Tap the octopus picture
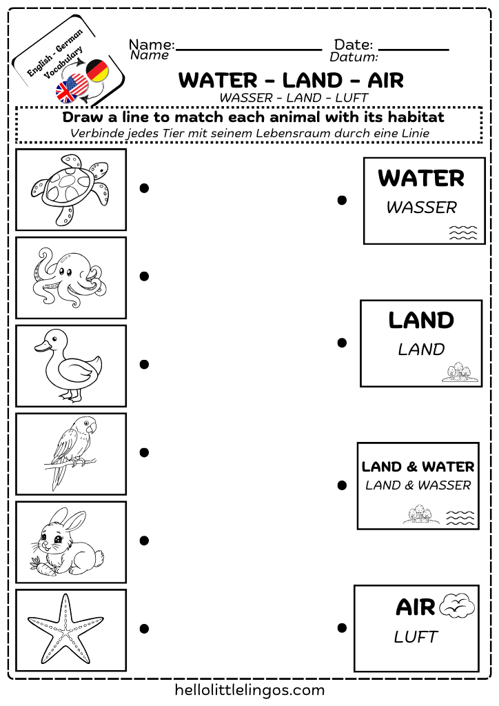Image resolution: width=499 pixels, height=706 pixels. point(69,277)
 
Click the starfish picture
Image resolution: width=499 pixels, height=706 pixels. point(69,629)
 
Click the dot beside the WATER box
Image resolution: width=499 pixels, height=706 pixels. point(342,200)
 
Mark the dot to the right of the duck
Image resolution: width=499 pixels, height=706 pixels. point(144,364)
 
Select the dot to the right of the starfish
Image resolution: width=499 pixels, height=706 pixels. point(144,628)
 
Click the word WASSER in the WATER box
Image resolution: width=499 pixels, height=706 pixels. point(422,208)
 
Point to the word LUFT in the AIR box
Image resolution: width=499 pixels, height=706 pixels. point(416,637)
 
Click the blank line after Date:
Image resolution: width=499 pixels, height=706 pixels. point(414,50)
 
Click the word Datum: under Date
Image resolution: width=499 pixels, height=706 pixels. point(354,57)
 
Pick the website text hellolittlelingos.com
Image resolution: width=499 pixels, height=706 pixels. point(250,689)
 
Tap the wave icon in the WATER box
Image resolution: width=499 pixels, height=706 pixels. point(462,232)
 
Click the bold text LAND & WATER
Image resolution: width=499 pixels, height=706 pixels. point(418,467)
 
